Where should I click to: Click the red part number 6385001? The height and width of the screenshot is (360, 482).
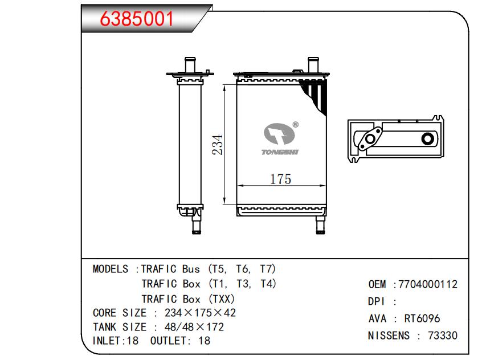click(137, 19)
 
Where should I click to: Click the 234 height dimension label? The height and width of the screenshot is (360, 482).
click(217, 145)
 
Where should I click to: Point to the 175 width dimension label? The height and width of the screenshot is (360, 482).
click(280, 179)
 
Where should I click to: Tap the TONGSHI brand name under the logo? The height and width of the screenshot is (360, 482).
click(280, 152)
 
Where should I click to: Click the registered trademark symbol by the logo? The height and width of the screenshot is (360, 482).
click(295, 125)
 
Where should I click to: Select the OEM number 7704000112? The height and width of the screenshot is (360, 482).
click(428, 284)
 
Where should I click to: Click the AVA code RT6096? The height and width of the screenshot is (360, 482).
click(422, 318)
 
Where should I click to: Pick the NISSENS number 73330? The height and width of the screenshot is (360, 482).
click(443, 336)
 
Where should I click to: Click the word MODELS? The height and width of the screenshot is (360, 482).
click(111, 269)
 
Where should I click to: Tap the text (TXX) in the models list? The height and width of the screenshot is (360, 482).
click(222, 299)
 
